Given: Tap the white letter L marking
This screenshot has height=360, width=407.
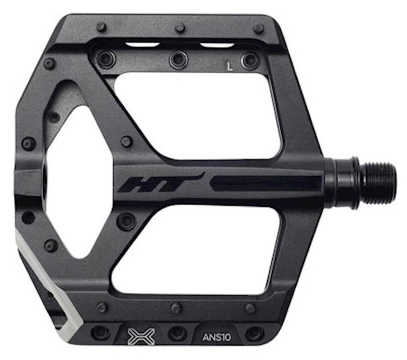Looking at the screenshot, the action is pos(229,66).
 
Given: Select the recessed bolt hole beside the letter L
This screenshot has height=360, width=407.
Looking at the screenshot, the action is pos(250,60).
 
